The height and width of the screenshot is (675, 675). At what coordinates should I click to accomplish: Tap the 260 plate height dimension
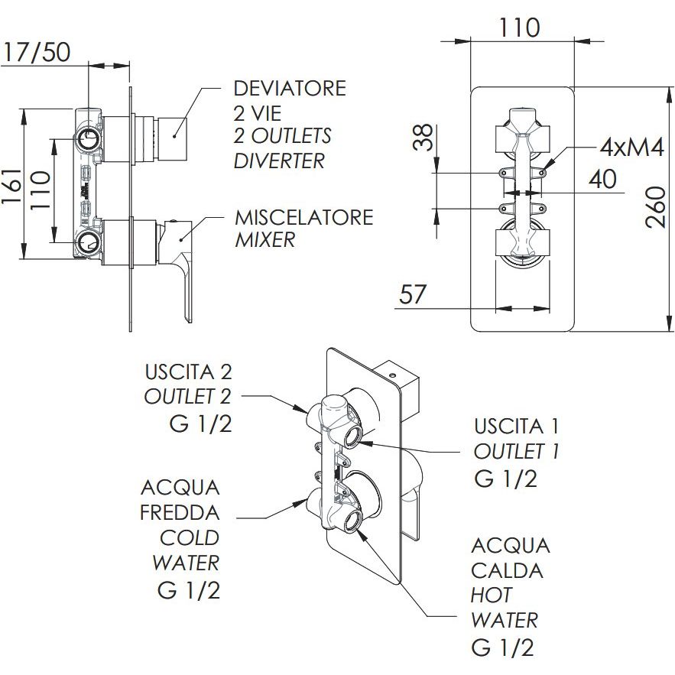655,208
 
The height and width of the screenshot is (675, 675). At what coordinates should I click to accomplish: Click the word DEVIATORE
290,89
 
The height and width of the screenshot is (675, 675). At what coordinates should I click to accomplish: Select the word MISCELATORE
303,217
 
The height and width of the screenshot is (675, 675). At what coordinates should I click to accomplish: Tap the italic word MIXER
264,240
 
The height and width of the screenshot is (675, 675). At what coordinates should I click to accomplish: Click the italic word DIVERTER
278,161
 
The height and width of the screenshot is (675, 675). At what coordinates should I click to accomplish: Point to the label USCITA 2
187,372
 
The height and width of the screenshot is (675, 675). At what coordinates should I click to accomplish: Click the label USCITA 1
516,426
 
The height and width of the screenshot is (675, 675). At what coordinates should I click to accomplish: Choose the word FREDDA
180,512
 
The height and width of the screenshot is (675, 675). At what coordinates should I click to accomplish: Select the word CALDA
507,570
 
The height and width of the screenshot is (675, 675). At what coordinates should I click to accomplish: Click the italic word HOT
491,595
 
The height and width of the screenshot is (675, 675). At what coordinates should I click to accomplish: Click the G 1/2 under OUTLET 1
505,479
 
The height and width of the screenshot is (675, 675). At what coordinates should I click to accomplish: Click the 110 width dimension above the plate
520,28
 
